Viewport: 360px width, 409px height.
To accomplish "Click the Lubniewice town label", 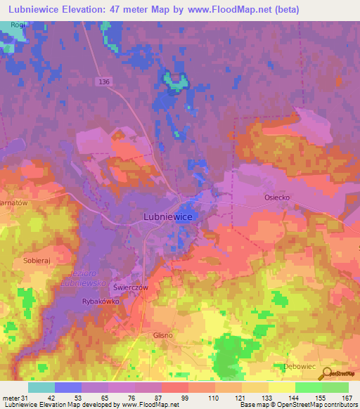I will coord(168,218).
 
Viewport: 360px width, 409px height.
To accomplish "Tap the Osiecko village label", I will coord(276,198).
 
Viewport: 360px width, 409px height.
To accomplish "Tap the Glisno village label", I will coord(162,335).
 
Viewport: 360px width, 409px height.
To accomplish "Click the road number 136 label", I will coord(105,82).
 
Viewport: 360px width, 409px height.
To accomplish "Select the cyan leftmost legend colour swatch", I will coord(41,387).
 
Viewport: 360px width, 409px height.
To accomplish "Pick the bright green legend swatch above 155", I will coord(309,387).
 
